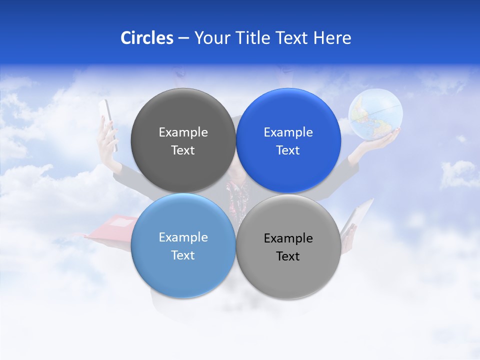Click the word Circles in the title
tap(146, 38)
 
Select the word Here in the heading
tap(332, 38)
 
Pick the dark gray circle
tap(183, 140)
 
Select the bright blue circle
tap(288, 140)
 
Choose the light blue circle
tap(183, 245)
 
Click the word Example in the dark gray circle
tap(183, 132)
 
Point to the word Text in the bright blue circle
tap(288, 150)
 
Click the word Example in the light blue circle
tap(183, 237)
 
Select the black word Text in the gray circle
tap(288, 256)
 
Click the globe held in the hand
tap(375, 114)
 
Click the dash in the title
tap(183, 38)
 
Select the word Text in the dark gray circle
tap(183, 150)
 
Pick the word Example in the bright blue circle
tap(288, 132)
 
